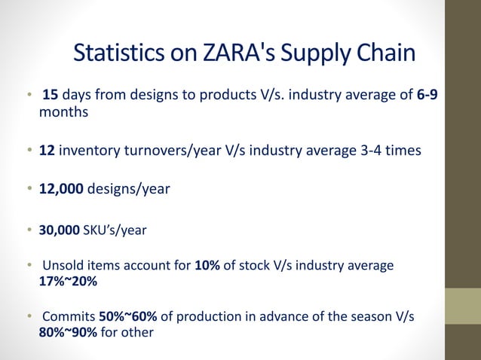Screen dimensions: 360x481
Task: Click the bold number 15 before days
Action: (x=50, y=96)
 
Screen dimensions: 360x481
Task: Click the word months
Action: (x=63, y=111)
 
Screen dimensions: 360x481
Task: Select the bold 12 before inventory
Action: (x=47, y=151)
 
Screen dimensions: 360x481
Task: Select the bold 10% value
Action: (x=207, y=266)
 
